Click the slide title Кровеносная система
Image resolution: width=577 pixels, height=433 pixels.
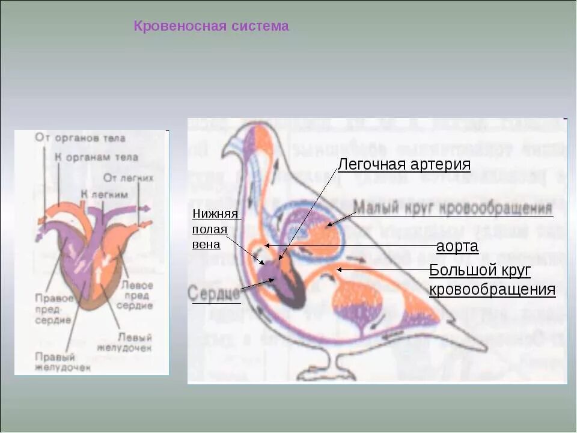(210, 26)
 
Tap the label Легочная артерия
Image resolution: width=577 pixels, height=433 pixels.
(403, 164)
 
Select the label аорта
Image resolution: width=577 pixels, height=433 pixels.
(457, 247)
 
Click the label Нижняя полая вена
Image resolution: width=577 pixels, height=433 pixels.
(216, 229)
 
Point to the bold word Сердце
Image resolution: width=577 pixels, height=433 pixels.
(215, 294)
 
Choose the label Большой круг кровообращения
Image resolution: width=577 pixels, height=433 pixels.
(492, 280)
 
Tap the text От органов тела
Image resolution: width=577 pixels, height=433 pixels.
(80, 138)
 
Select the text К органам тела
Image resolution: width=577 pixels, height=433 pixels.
(96, 158)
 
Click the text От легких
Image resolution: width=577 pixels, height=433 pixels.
(128, 178)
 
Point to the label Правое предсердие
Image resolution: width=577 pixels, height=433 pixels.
(53, 309)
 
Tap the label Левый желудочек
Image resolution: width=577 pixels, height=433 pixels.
(134, 343)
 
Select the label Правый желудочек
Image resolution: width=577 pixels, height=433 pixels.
(63, 361)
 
